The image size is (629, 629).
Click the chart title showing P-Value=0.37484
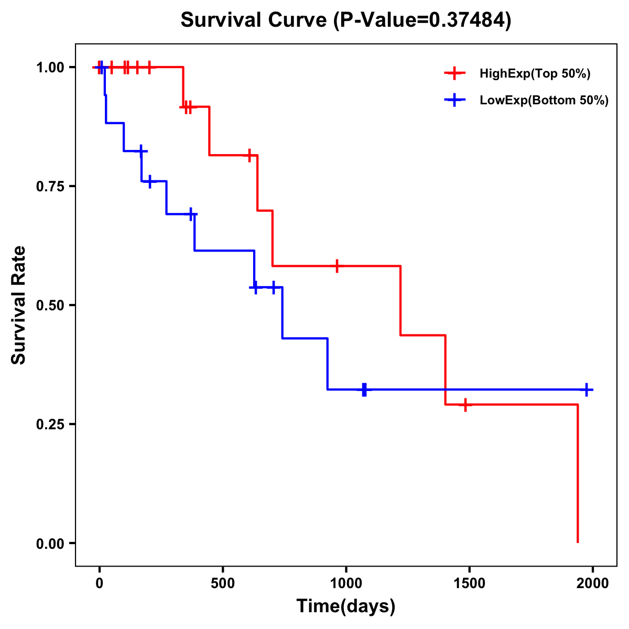click(x=345, y=20)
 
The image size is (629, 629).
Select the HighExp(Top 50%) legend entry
click(x=535, y=74)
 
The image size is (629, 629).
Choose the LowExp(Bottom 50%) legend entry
click(x=544, y=101)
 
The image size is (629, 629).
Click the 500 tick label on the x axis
click(x=223, y=583)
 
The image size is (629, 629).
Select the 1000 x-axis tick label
click(x=346, y=583)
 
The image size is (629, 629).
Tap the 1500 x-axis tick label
click(x=469, y=583)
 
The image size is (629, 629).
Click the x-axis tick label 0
click(x=99, y=583)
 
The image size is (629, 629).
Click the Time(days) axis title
click(x=346, y=606)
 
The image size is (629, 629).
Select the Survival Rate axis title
click(x=19, y=305)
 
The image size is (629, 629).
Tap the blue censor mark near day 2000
click(x=587, y=389)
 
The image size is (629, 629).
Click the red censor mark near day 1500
click(x=465, y=405)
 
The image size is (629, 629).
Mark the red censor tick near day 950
click(x=337, y=266)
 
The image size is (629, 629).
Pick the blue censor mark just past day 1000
click(x=364, y=389)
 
